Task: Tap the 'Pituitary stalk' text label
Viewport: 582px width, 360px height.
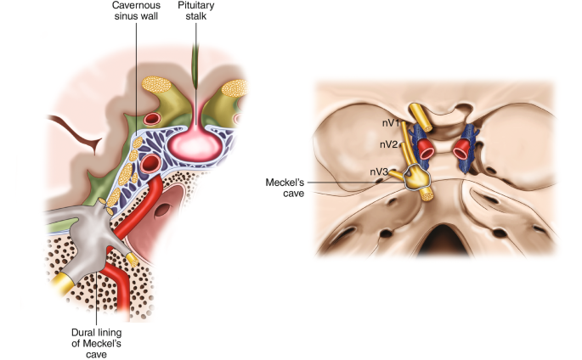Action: click(196, 14)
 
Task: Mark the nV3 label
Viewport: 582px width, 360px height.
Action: click(378, 172)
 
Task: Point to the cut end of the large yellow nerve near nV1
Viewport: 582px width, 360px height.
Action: click(416, 111)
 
